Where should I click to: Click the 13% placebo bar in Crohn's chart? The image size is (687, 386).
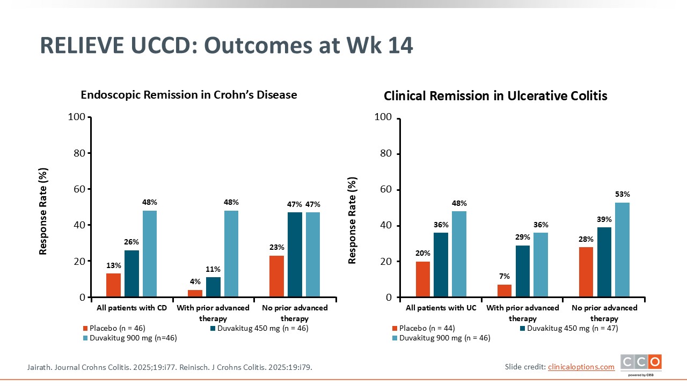[113, 285]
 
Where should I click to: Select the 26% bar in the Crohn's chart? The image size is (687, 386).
[131, 273]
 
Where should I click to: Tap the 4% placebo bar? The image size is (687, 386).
[195, 293]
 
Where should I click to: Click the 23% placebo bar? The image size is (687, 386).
[276, 276]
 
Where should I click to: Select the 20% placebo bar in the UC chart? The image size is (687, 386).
[423, 279]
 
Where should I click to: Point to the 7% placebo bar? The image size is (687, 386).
[505, 291]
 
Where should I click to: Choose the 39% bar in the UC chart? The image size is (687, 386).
[604, 262]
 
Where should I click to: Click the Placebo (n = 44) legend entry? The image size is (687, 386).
[424, 328]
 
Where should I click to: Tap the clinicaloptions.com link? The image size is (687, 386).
[581, 367]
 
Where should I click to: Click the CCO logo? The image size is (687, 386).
[641, 363]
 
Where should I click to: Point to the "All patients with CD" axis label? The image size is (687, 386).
[131, 308]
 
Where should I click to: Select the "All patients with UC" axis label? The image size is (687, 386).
[441, 308]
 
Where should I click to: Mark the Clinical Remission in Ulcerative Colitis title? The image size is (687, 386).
[495, 96]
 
